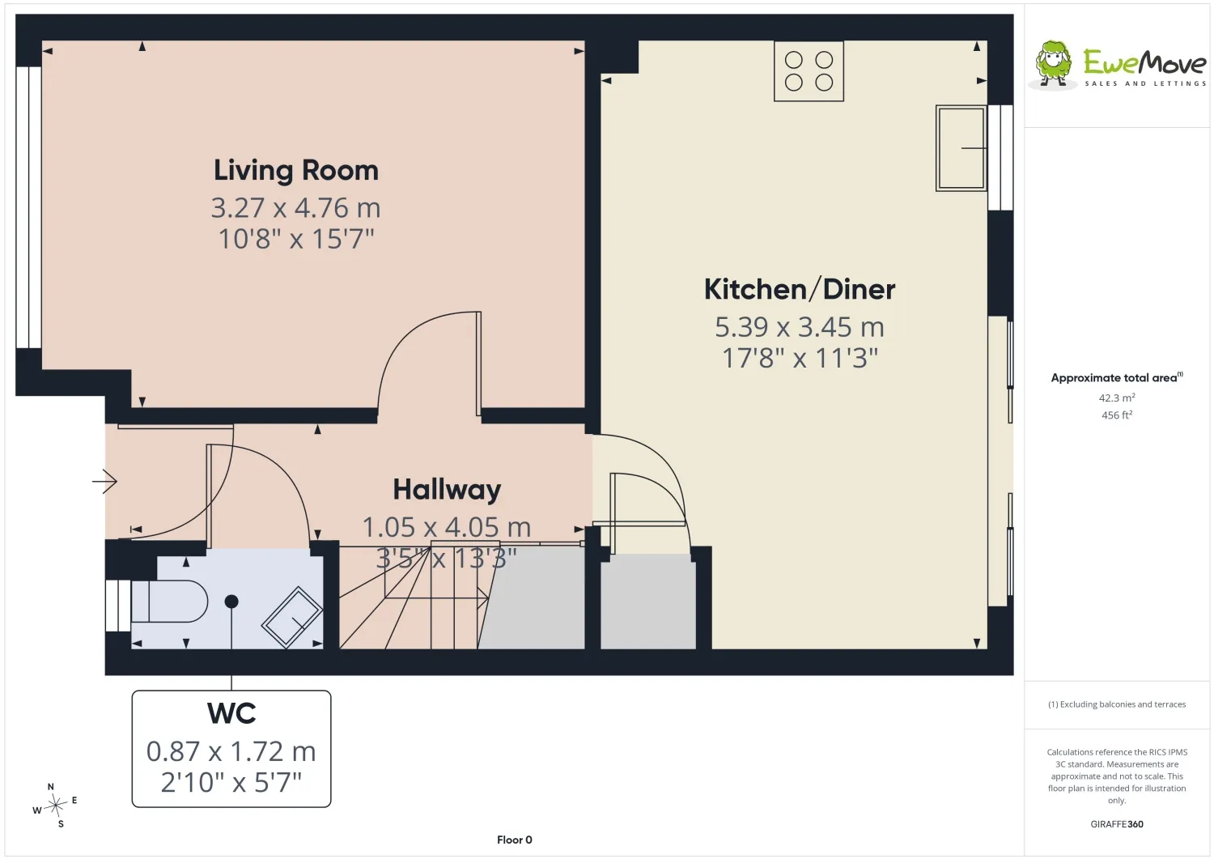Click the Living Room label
296,170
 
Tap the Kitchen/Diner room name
800,289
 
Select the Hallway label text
447,491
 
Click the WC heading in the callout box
231,713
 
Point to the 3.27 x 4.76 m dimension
296,208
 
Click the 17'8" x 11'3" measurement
800,358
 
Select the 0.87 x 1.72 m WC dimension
231,751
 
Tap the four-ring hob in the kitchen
809,71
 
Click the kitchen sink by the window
961,148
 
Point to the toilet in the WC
169,601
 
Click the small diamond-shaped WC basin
291,617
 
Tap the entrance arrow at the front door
104,481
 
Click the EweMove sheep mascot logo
1053,65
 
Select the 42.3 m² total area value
1117,398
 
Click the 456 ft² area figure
1117,415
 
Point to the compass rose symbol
55,806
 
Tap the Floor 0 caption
514,840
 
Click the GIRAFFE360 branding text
1116,823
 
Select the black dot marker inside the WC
231,601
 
